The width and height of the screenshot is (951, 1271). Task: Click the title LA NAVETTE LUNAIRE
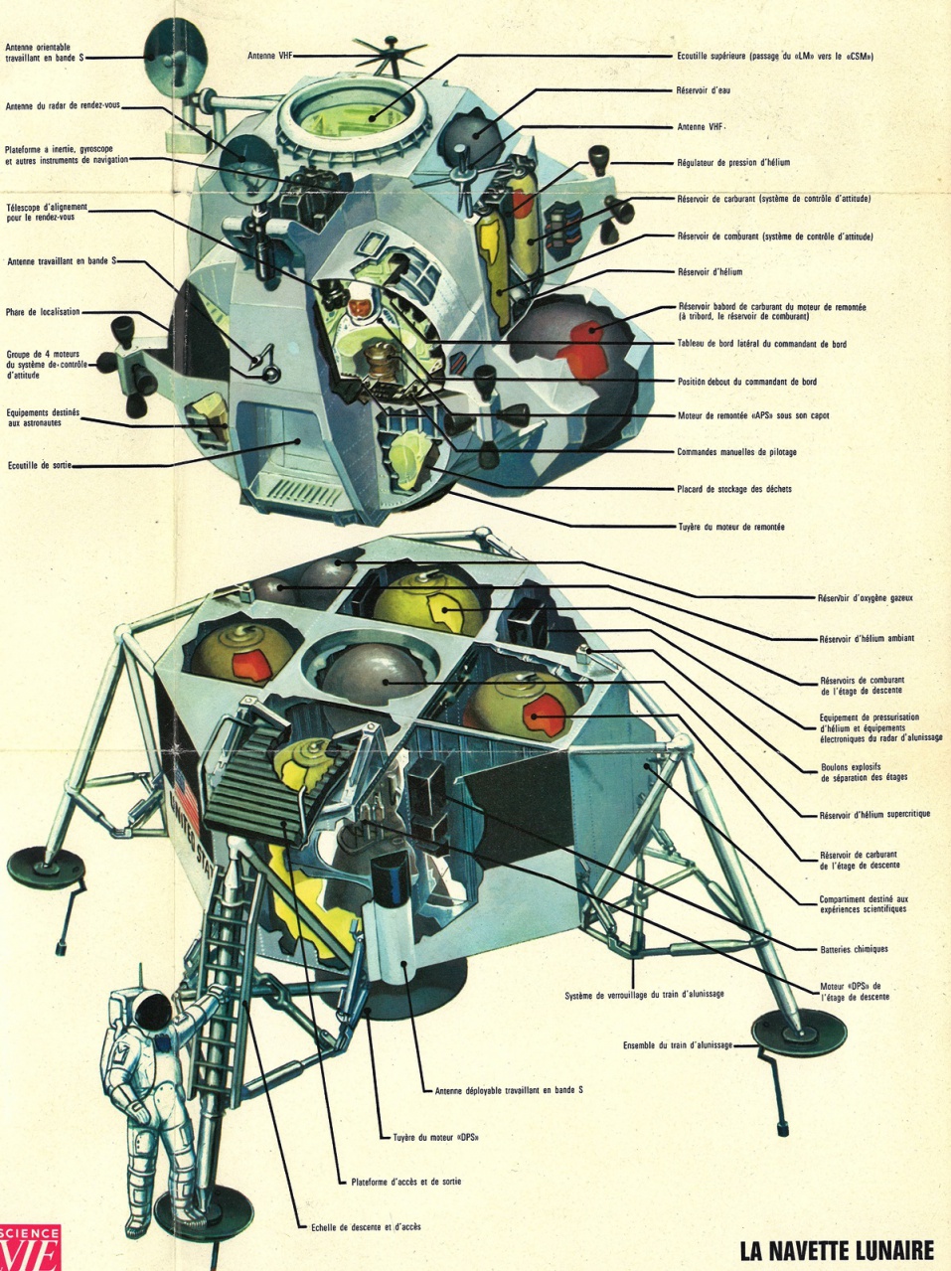(x=837, y=1249)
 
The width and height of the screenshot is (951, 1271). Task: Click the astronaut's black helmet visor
(x=155, y=1013)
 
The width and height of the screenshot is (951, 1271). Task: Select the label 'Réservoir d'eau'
(x=704, y=90)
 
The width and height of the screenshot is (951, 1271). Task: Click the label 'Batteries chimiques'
(x=854, y=949)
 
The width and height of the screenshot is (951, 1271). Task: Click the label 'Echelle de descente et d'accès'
(x=365, y=1226)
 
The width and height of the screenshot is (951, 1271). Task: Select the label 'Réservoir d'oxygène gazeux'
(x=865, y=598)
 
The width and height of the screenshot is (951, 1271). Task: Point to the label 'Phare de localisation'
(x=43, y=312)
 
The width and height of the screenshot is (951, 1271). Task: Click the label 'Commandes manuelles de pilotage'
(x=736, y=452)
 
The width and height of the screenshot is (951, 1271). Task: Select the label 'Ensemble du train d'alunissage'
(x=677, y=1044)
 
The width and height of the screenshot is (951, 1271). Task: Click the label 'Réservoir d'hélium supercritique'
(x=875, y=814)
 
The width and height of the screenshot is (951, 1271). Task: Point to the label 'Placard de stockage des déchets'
(x=733, y=489)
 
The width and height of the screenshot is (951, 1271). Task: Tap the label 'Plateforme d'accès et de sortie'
(x=405, y=1182)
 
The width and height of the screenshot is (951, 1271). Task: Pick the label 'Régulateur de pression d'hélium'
(x=733, y=162)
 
